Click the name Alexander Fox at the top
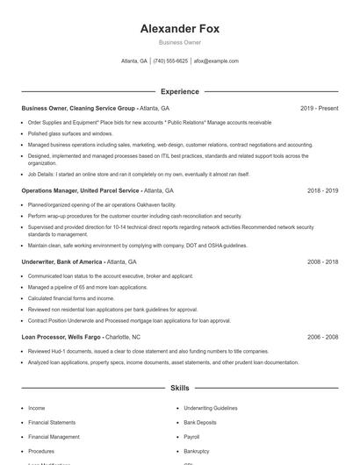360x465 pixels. tap(179, 28)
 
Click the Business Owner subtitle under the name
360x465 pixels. tap(179, 42)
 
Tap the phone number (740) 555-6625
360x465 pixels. tap(170, 61)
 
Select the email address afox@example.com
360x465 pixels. tap(216, 61)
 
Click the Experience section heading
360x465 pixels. tap(179, 91)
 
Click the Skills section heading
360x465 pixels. tap(179, 387)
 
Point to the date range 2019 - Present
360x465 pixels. tap(319, 108)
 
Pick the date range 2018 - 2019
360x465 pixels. tap(322, 190)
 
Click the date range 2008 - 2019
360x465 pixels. tap(322, 261)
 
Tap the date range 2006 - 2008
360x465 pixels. tap(322, 337)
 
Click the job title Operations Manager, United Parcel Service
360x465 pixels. tap(80, 190)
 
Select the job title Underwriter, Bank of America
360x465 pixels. tap(61, 261)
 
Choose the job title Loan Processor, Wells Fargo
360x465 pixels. tap(62, 337)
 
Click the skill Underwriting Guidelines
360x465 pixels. tap(211, 408)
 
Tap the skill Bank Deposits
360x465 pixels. tap(200, 422)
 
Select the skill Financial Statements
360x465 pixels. tap(52, 422)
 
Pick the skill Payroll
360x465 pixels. tap(192, 436)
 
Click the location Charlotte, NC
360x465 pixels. tap(123, 337)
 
